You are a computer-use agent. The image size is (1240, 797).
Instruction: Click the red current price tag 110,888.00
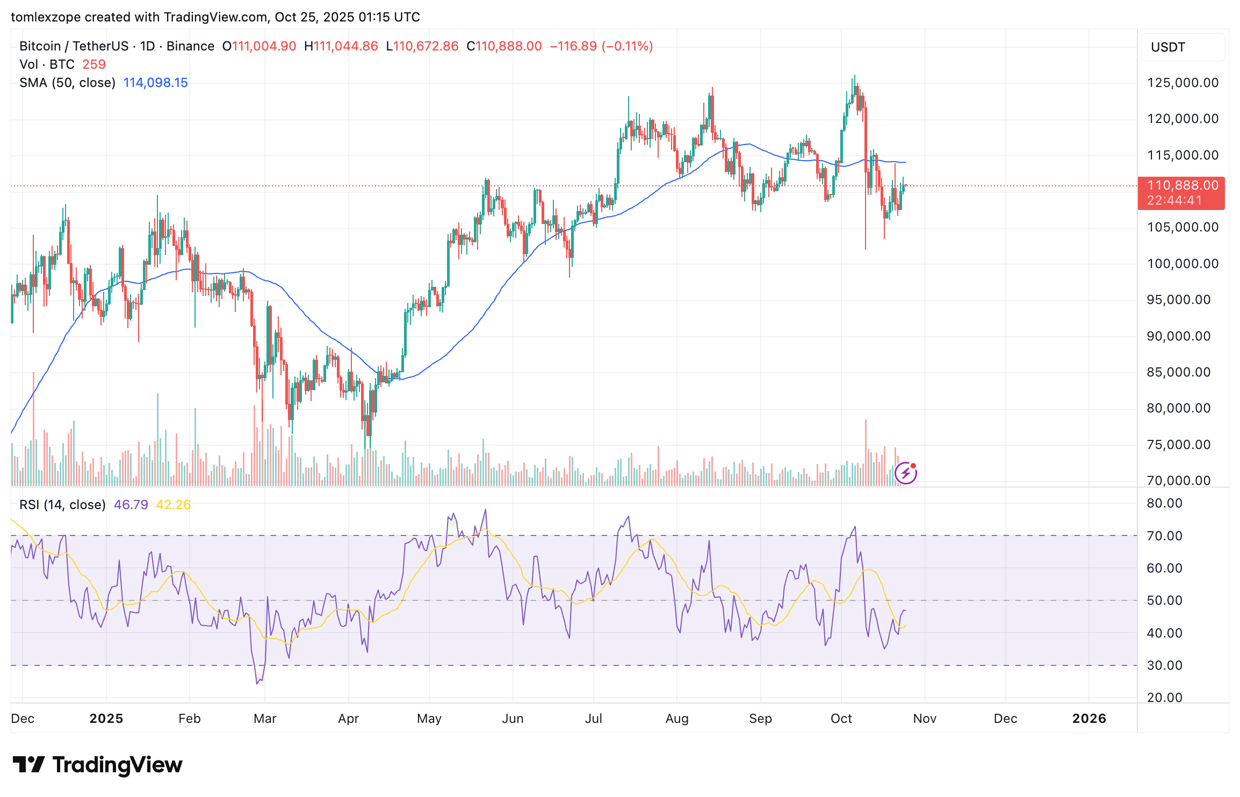tap(1181, 186)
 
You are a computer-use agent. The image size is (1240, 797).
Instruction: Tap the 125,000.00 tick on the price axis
tap(1183, 83)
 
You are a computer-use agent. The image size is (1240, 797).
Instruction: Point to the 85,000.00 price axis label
tap(1178, 372)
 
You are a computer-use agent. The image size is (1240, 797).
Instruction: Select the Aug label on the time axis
tap(676, 719)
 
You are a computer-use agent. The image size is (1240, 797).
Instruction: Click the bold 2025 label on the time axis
tap(106, 719)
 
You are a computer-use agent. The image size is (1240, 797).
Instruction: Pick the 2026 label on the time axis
tap(1088, 719)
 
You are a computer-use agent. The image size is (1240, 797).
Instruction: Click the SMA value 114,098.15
tap(155, 83)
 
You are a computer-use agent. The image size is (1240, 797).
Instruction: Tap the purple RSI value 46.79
tap(131, 505)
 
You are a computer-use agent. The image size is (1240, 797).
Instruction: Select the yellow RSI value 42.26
tap(173, 505)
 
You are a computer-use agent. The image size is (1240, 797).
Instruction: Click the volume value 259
tap(93, 64)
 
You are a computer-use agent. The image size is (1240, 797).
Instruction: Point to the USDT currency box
tap(1182, 47)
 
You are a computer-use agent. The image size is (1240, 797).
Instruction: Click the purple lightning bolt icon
tap(906, 473)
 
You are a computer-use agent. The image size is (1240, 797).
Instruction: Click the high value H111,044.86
tap(341, 46)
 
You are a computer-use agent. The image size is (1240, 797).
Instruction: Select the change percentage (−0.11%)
tap(627, 46)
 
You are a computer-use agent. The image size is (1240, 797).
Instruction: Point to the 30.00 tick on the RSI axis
tap(1164, 665)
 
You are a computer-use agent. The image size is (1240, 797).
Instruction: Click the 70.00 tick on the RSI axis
tap(1164, 536)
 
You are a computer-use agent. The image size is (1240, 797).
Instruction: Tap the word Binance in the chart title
tap(190, 46)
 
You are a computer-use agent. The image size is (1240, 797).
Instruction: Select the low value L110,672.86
tap(422, 46)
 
